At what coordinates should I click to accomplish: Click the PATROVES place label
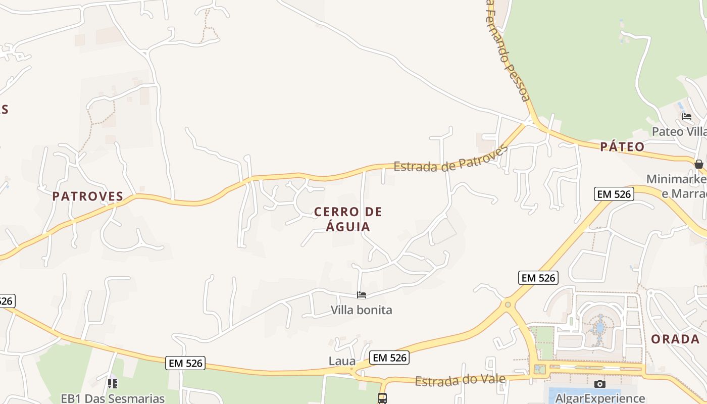click(x=88, y=196)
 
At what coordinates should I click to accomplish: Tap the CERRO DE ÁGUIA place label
click(x=348, y=219)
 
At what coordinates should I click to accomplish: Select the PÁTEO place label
click(x=622, y=147)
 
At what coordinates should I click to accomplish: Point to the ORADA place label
click(x=675, y=339)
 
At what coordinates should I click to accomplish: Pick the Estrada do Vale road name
click(x=460, y=379)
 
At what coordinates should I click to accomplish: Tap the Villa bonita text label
click(x=361, y=310)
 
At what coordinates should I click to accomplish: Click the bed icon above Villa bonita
click(x=362, y=295)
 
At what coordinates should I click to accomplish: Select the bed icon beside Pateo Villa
click(x=687, y=117)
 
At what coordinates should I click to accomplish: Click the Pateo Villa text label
click(x=679, y=131)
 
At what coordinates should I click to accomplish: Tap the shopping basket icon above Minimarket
click(x=699, y=164)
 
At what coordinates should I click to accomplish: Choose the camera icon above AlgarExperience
click(x=599, y=384)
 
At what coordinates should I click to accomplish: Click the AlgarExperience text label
click(x=600, y=398)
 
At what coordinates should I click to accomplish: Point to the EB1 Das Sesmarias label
click(x=113, y=398)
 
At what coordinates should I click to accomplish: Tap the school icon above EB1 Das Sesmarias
click(x=113, y=384)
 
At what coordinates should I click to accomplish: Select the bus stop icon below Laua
click(x=382, y=398)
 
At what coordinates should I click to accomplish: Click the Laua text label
click(x=342, y=361)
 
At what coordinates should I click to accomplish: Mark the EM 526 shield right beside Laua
click(x=389, y=358)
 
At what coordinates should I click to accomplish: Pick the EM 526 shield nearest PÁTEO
click(x=614, y=194)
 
